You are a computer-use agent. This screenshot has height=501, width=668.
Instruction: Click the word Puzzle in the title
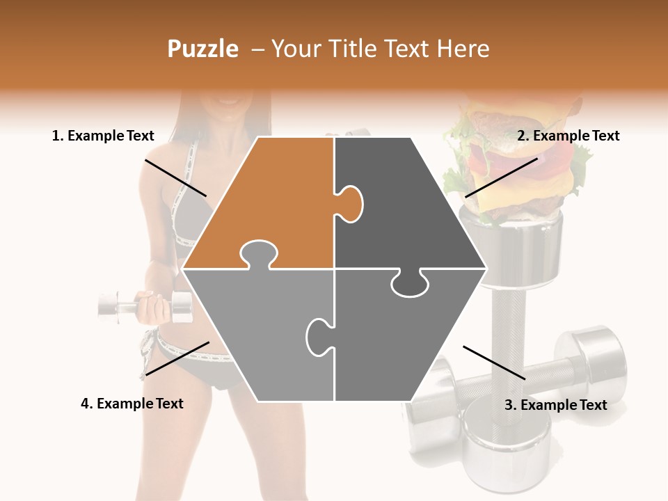[x=202, y=49]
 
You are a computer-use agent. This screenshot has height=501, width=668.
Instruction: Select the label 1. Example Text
[x=103, y=136]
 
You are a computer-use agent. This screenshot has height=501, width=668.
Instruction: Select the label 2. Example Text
[x=568, y=136]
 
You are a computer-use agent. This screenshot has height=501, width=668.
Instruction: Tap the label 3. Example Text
[x=555, y=405]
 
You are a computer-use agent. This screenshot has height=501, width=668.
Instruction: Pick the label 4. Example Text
[x=132, y=404]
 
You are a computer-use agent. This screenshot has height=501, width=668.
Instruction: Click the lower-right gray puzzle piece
[x=405, y=341]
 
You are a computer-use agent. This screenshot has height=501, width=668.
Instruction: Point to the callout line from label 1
[x=175, y=177]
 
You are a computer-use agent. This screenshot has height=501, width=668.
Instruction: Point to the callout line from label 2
[x=502, y=177]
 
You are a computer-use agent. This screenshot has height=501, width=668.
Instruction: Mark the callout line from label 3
[x=494, y=362]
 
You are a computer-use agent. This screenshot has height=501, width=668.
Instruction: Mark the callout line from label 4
[x=177, y=358]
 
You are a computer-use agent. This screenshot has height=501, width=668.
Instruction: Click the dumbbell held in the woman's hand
[x=145, y=306]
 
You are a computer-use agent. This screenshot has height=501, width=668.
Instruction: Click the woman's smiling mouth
[x=228, y=103]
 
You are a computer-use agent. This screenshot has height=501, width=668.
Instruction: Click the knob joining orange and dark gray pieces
[x=350, y=204]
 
